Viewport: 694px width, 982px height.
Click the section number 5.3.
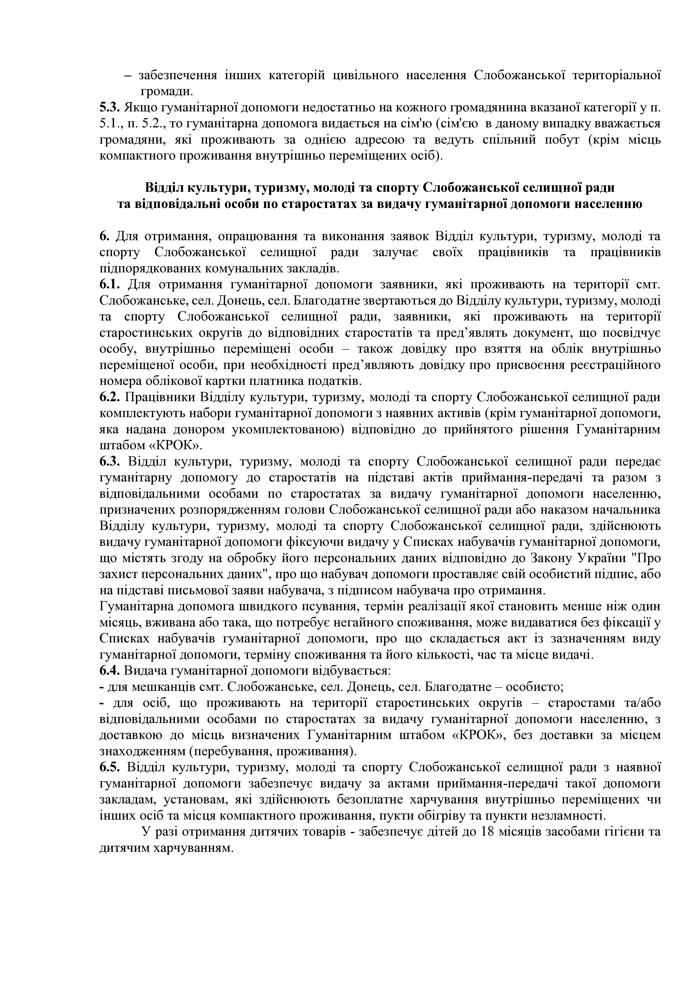pyautogui.click(x=108, y=108)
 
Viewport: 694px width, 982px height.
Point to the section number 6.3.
pyautogui.click(x=110, y=462)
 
